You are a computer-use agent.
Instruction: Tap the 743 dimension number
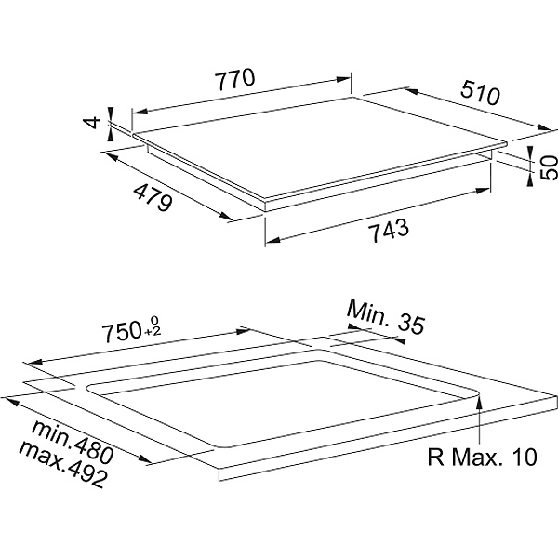pos(382,230)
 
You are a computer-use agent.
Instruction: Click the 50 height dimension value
pos(549,167)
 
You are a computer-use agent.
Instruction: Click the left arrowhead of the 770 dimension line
pos(137,111)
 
